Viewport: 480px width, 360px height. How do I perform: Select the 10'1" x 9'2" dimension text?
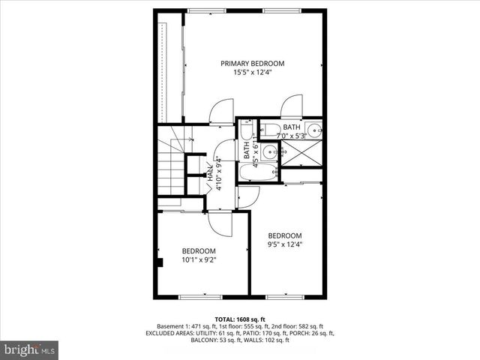[199, 260]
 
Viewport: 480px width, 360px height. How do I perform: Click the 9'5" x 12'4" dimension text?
[285, 244]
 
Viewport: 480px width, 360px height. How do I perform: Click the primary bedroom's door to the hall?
[221, 112]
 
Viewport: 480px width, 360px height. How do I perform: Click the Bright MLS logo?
[30, 349]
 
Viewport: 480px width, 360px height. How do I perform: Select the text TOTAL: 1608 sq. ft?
[240, 319]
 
